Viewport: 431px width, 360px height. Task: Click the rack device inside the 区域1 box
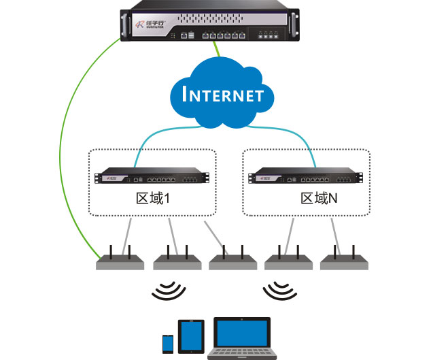click(x=152, y=178)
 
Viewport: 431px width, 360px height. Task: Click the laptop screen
click(x=243, y=333)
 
